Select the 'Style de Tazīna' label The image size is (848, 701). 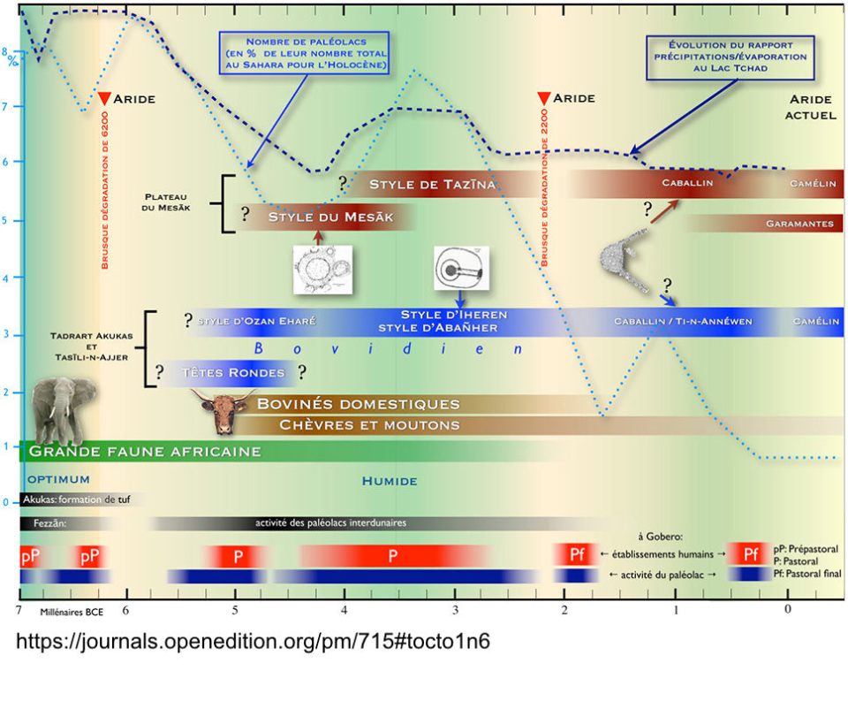tap(432, 184)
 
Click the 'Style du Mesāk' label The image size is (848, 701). tap(329, 217)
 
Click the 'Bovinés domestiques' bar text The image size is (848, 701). tap(358, 404)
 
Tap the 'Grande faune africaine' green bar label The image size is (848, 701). tap(145, 452)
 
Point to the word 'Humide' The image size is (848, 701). tap(390, 481)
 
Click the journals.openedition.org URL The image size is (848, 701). tap(253, 641)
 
